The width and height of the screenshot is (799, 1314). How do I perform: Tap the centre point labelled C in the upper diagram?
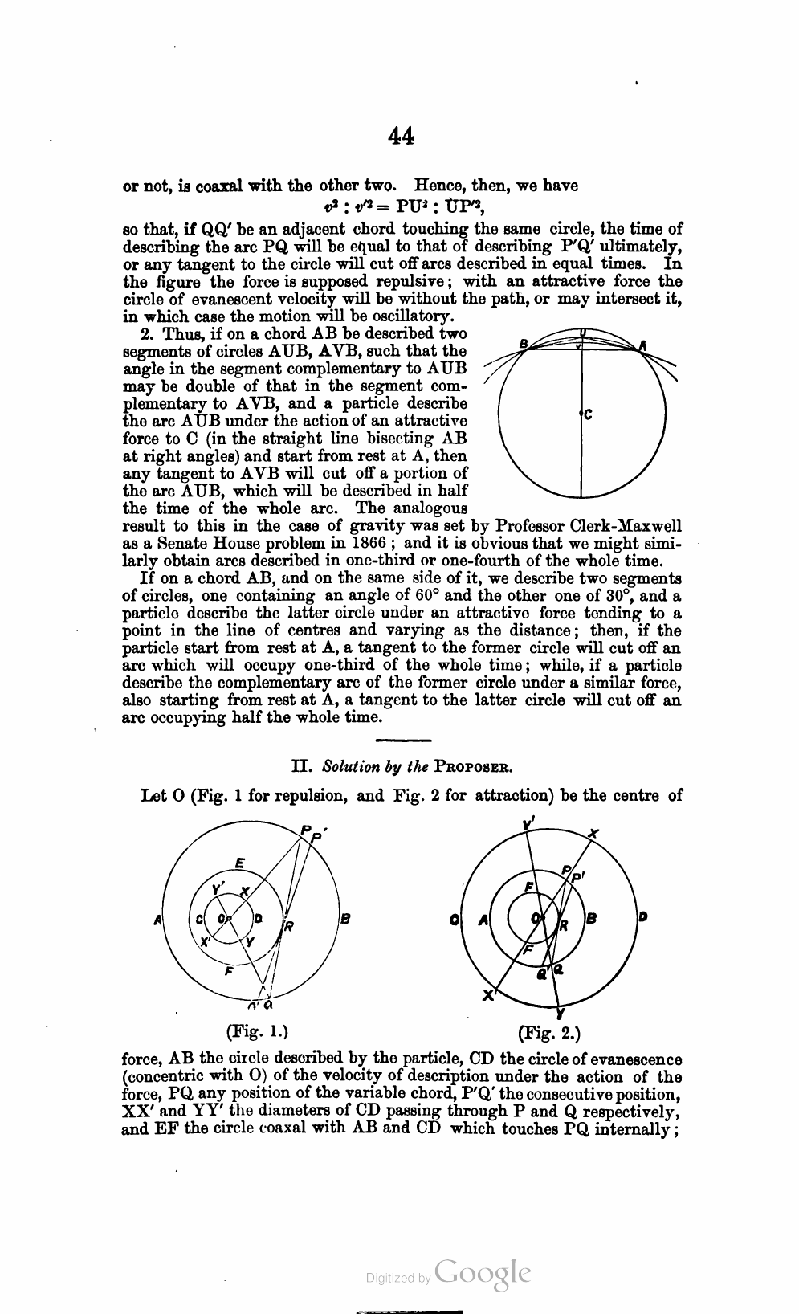coord(587,414)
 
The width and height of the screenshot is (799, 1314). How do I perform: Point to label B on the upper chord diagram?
coord(524,345)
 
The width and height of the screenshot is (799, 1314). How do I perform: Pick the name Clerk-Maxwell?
coord(626,525)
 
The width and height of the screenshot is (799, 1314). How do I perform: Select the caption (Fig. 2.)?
coord(549,1031)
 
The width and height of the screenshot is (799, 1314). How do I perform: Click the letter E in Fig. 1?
coord(238,863)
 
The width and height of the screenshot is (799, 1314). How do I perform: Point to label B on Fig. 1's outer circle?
coord(345,920)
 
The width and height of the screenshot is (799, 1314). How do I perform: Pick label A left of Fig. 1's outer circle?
coord(158,920)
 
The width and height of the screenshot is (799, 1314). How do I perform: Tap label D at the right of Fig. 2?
coord(643,918)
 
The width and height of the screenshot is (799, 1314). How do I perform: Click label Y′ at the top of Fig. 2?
coord(528,823)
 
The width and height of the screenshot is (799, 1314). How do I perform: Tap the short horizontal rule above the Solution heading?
coord(404,740)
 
